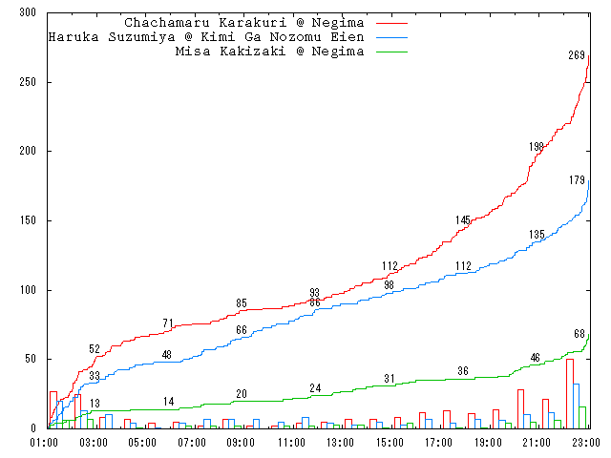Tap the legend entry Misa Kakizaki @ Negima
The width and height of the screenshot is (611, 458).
click(270, 52)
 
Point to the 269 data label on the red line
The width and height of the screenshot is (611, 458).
click(577, 56)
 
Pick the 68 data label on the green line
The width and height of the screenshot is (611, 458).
click(579, 334)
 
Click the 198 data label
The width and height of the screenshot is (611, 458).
click(537, 147)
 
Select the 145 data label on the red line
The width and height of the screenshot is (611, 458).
click(463, 220)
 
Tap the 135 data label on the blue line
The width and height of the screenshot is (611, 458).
click(537, 235)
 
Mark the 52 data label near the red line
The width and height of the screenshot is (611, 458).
click(95, 349)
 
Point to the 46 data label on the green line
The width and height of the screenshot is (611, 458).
click(537, 358)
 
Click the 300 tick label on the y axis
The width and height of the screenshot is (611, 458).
click(27, 13)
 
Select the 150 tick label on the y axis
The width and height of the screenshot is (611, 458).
click(27, 220)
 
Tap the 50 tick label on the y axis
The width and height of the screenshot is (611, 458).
click(30, 359)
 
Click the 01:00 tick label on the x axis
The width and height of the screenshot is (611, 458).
click(46, 443)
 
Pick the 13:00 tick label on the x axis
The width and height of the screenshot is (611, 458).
click(340, 443)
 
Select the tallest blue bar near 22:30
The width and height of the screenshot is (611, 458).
click(576, 406)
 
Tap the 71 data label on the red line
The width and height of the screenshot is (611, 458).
click(168, 323)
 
